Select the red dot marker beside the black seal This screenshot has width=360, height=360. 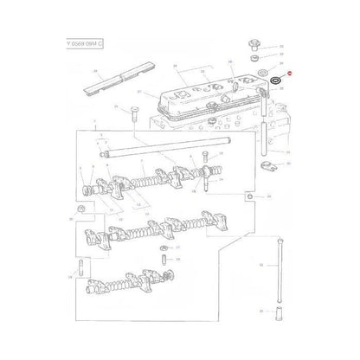pyautogui.click(x=290, y=75)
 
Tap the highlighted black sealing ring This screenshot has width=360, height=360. pyautogui.click(x=274, y=81)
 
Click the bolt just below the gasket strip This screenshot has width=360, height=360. pyautogui.click(x=138, y=112)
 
